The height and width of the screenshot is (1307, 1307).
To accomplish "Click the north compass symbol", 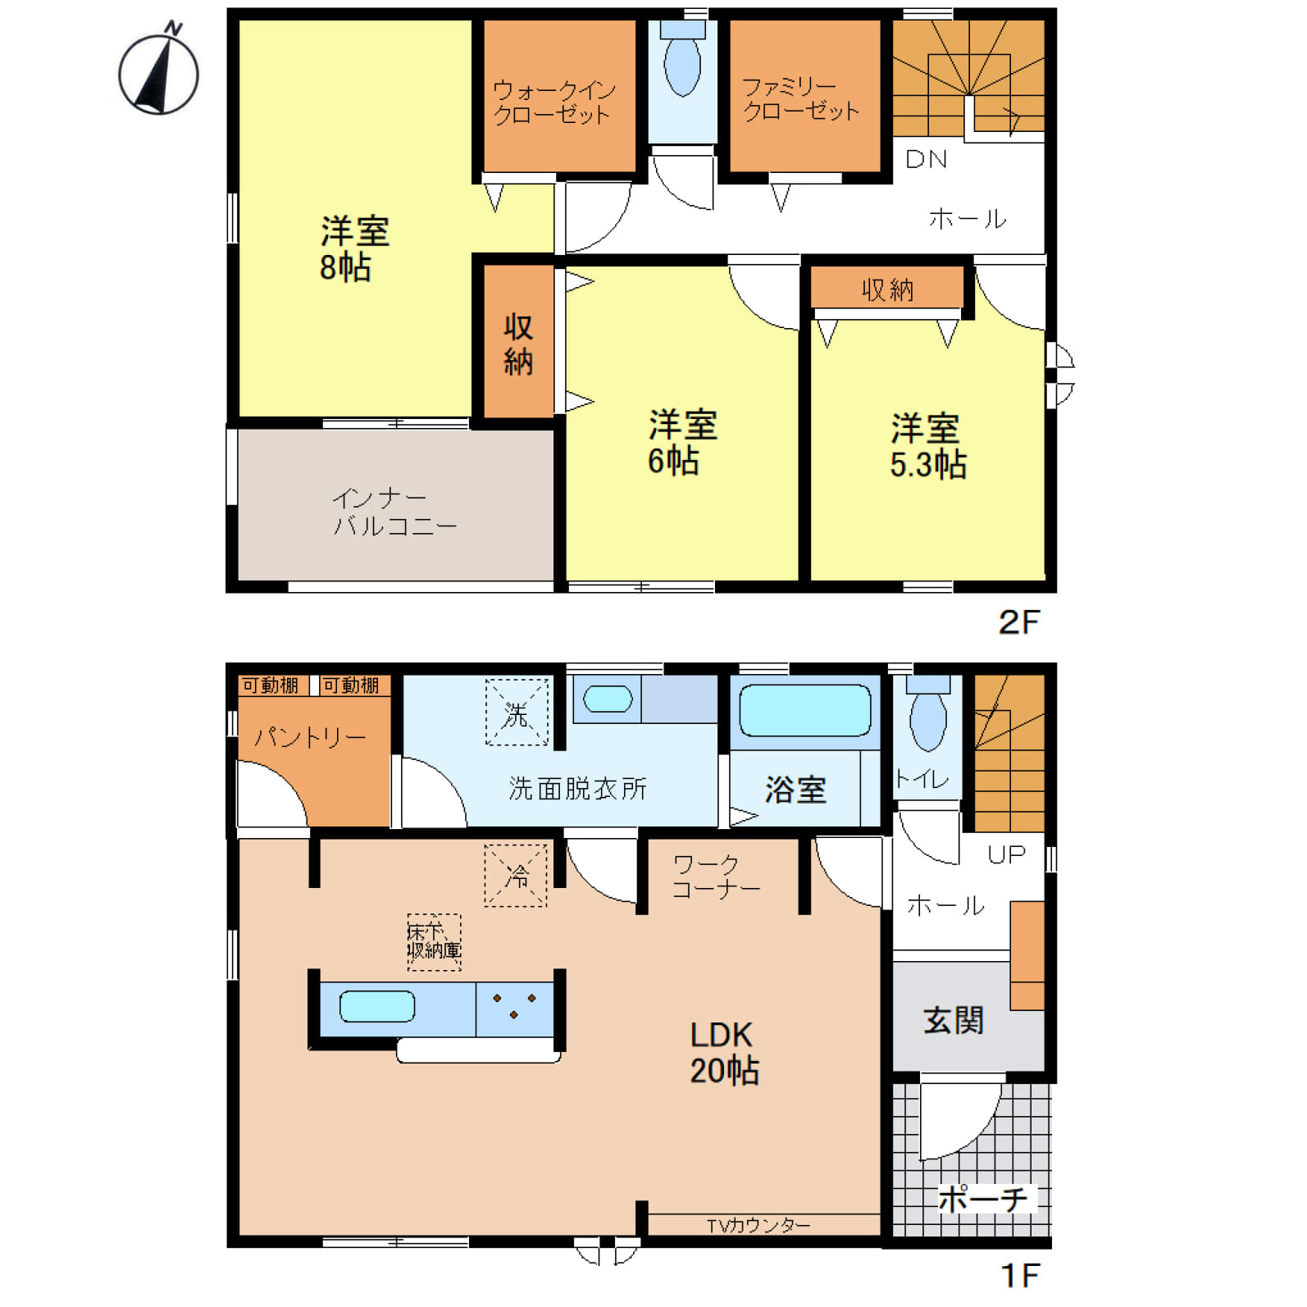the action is point(158,72).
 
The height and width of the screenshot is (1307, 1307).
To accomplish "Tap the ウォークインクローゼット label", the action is point(553,102).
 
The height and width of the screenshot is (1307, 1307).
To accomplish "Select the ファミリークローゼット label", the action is point(800,99).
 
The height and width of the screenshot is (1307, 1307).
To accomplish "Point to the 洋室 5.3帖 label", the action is point(927,446).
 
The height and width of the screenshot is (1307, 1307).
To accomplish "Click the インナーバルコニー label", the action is point(394,512).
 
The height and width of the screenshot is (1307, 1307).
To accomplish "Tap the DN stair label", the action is point(926,159).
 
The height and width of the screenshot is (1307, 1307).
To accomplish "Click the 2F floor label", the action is point(1018,622).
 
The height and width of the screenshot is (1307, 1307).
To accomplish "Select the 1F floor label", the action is point(1020,1275).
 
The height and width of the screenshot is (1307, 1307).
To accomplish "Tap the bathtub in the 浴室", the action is point(805,710).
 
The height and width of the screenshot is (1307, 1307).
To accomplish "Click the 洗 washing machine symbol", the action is point(517,713).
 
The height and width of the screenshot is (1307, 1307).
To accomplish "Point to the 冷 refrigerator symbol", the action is point(516,876).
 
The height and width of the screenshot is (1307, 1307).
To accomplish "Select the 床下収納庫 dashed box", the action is point(434,943).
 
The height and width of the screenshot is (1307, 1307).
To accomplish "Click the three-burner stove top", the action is point(514,1009).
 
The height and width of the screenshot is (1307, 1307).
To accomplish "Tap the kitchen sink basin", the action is point(377,1006).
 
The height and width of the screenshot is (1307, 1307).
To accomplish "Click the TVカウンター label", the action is point(758,1225).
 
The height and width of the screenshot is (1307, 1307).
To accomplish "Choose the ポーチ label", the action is point(982,1200).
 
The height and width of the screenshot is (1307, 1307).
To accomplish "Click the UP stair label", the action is point(1006,855).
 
